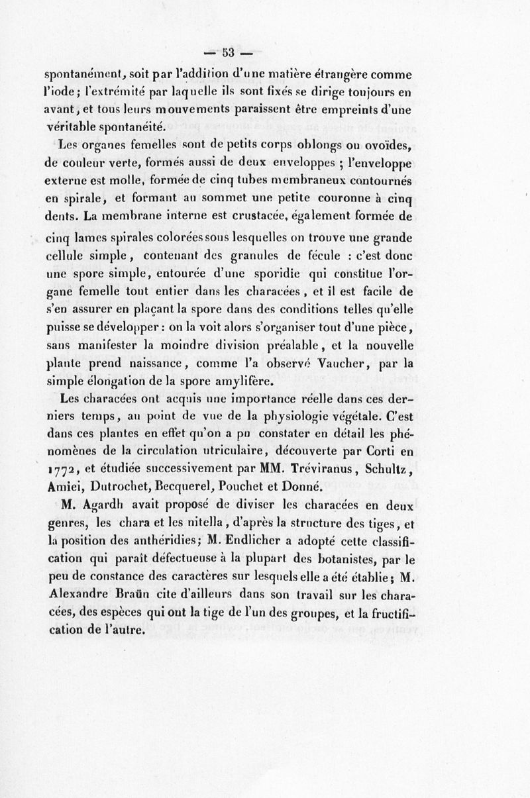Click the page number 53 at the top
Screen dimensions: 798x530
point(230,54)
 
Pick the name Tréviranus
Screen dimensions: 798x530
point(310,470)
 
